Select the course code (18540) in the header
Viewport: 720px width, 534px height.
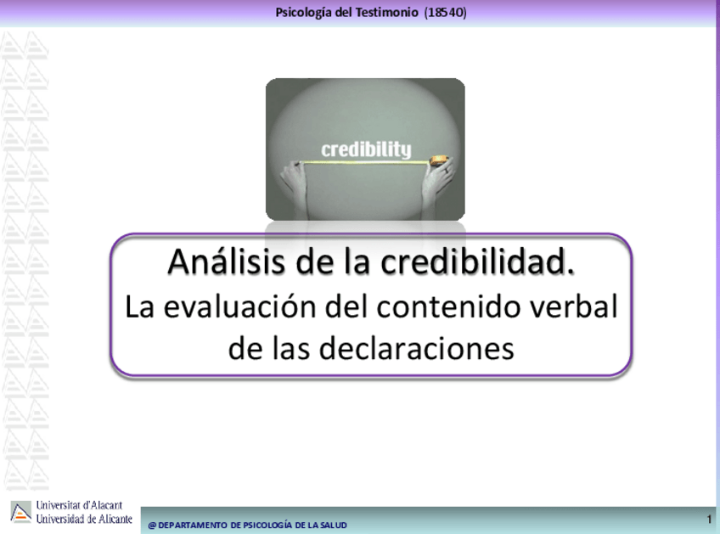(x=446, y=13)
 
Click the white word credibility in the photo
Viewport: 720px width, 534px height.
(x=366, y=149)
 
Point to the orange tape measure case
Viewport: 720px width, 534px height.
(x=437, y=160)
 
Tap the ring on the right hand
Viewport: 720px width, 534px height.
(x=446, y=170)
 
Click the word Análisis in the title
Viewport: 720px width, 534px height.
(x=226, y=261)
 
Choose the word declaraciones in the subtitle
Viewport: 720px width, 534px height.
(x=417, y=348)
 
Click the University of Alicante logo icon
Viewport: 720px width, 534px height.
(x=20, y=512)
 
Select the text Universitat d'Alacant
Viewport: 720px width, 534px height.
(x=80, y=505)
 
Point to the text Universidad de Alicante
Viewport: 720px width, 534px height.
(x=84, y=519)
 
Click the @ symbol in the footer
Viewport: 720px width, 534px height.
(x=152, y=526)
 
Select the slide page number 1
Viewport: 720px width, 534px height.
(x=710, y=520)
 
